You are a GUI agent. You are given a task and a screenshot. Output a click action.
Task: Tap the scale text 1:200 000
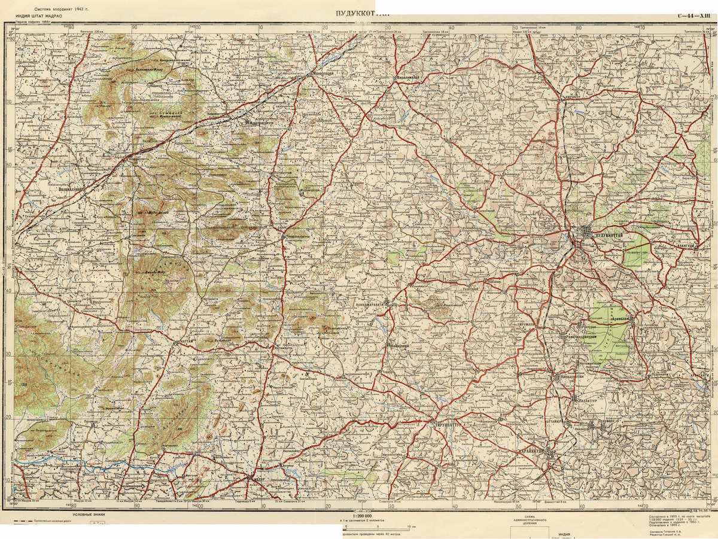tap(362, 516)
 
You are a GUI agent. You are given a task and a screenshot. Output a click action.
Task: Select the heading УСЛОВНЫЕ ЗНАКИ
tap(89, 515)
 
